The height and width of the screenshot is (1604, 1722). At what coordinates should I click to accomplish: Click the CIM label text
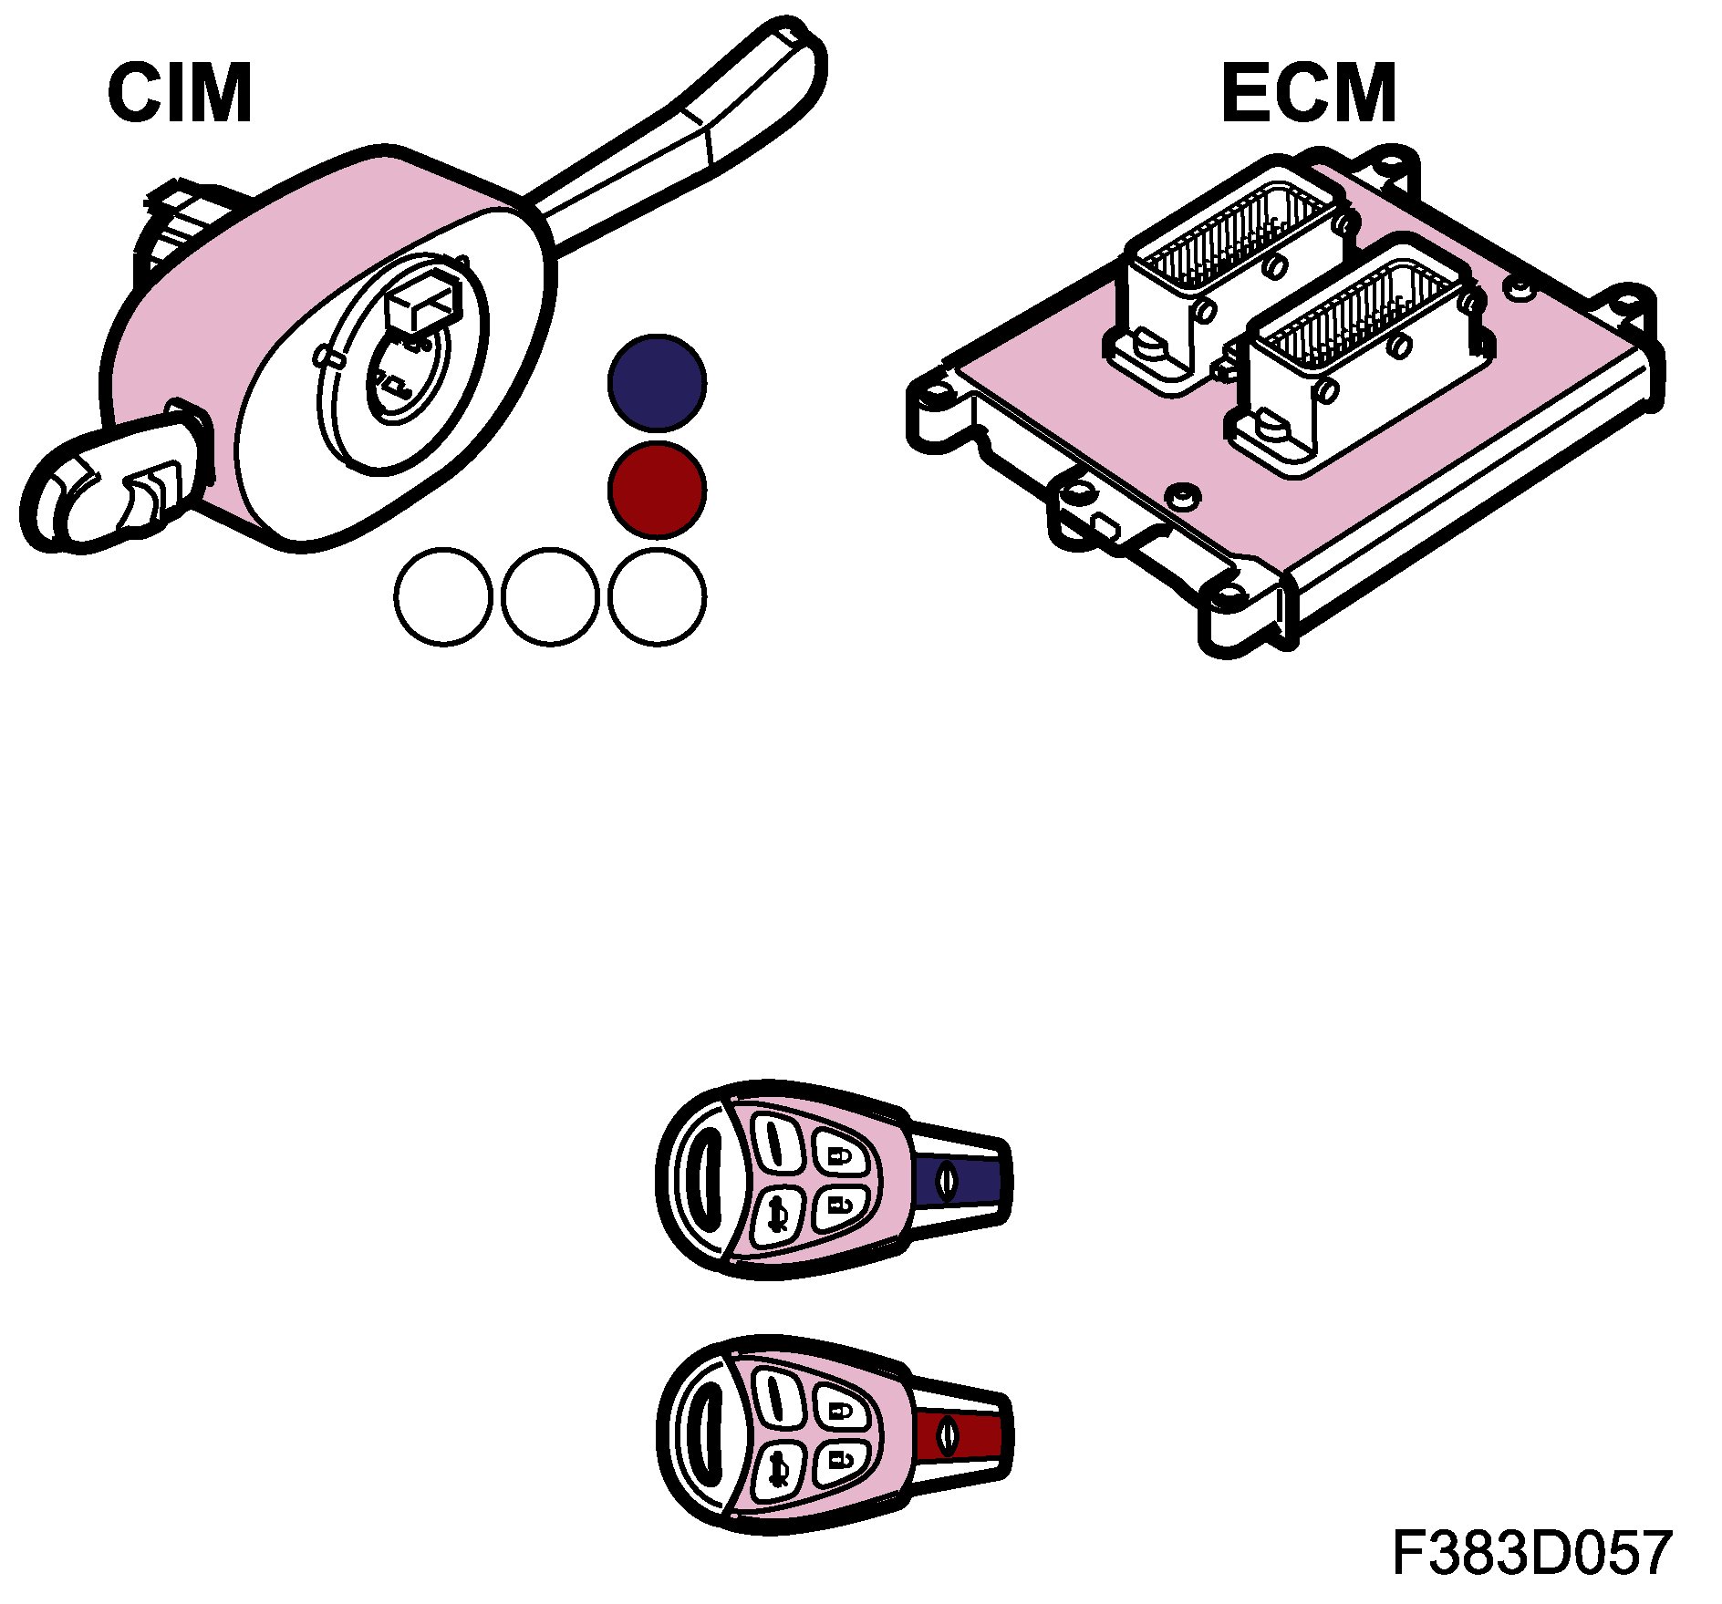tap(180, 93)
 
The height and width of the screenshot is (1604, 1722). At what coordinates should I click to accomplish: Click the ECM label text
tap(1308, 93)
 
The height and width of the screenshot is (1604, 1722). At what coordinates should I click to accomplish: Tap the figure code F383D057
tap(1531, 1553)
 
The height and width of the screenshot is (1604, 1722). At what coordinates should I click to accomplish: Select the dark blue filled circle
tap(657, 383)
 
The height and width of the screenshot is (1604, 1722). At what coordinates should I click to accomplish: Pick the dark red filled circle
tap(657, 490)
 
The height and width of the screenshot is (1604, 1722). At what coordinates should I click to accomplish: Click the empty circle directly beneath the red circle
tap(657, 596)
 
